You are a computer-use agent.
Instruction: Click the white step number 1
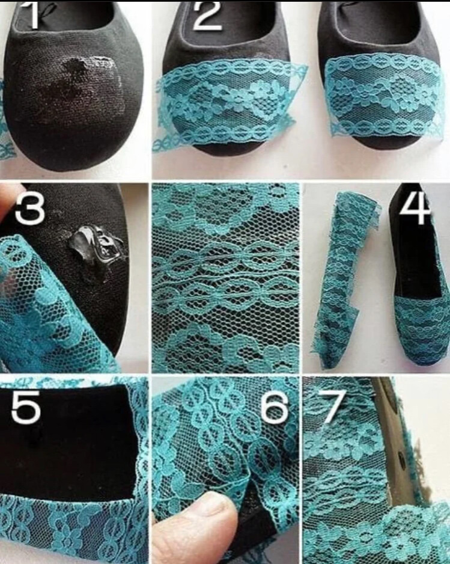(32, 15)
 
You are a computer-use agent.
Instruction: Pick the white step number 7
(325, 406)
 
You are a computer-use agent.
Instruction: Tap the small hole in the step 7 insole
(400, 457)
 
